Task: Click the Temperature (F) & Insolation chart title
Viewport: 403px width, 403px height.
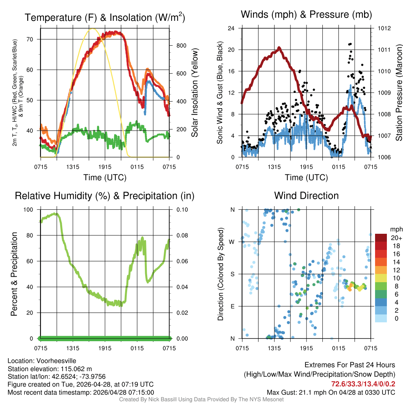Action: point(105,17)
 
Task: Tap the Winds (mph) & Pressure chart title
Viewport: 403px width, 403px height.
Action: point(306,15)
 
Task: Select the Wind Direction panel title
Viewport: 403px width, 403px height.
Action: point(306,195)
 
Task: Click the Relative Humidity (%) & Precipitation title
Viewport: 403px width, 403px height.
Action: point(105,196)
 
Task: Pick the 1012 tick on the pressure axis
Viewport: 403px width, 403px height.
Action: point(384,28)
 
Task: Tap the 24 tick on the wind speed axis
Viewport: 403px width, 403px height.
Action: point(231,28)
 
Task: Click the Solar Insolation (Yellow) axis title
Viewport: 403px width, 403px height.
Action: point(195,93)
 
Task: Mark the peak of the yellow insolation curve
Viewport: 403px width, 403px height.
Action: point(92,29)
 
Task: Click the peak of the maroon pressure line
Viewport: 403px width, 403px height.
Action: point(279,48)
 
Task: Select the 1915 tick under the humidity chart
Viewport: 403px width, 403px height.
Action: point(105,348)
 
